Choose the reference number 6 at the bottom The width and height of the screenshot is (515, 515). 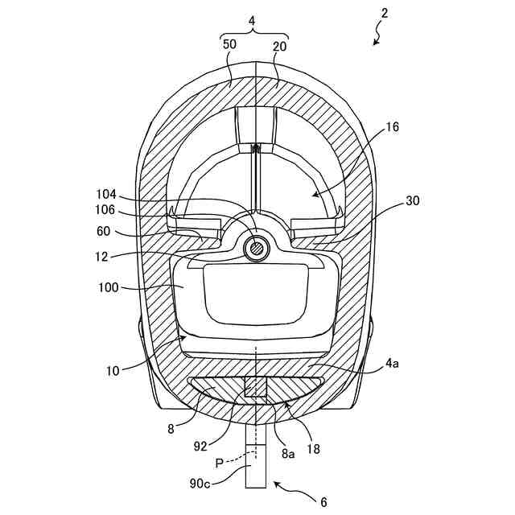[x=323, y=502]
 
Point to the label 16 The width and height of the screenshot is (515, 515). [x=392, y=126]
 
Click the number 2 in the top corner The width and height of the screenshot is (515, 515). [x=385, y=14]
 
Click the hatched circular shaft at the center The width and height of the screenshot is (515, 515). [x=256, y=248]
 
